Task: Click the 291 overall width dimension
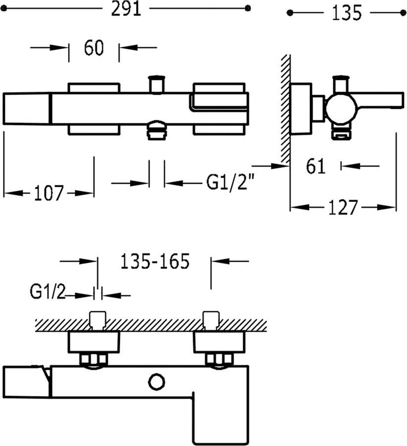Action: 126,9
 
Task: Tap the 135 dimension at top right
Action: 347,13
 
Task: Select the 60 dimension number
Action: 94,48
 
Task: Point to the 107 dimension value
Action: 49,193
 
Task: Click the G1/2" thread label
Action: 230,182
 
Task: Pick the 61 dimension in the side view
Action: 315,166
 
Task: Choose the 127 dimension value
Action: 343,208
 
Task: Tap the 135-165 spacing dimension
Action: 155,261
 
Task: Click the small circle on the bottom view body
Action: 157,382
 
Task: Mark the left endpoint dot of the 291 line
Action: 3,9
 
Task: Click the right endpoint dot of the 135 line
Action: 403,13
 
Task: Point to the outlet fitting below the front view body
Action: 156,130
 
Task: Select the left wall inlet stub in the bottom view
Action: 98,320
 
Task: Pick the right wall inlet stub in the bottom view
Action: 211,320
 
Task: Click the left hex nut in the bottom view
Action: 94,360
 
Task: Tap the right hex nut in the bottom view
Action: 219,360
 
